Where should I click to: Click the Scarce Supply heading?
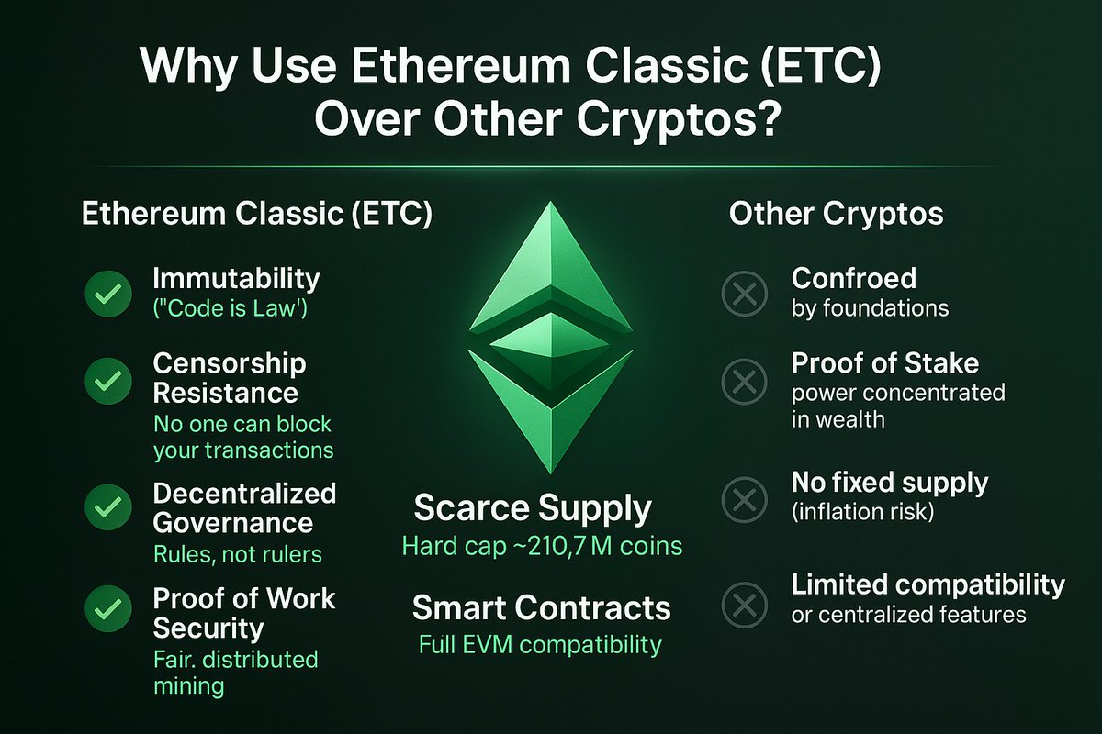pos(533,508)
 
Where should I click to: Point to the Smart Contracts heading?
pos(541,607)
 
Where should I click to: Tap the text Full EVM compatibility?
pos(540,644)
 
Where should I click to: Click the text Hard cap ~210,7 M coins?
pos(542,547)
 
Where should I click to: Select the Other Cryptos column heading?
pos(836,214)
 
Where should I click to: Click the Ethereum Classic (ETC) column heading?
pos(257,214)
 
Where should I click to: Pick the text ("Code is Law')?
pos(230,310)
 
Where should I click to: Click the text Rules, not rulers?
pos(236,555)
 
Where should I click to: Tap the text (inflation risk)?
pos(862,512)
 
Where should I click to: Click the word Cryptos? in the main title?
pos(684,119)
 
